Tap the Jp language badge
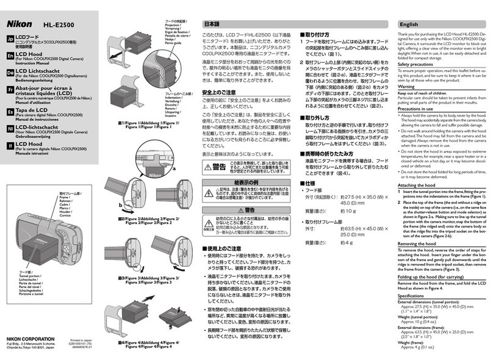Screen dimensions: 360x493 [9, 39]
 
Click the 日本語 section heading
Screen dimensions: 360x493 [211, 24]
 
